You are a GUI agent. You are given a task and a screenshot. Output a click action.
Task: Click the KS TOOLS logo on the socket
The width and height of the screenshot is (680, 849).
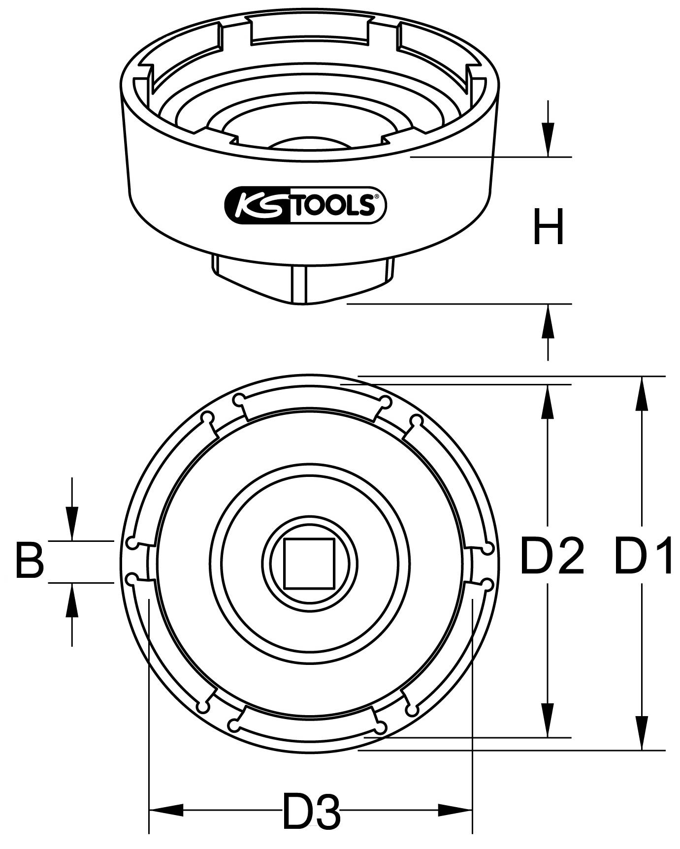coord(305,205)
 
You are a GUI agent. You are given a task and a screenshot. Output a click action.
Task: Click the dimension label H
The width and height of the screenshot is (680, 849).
coord(548,227)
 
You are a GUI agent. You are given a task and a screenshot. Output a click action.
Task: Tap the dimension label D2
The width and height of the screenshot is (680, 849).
coord(551,557)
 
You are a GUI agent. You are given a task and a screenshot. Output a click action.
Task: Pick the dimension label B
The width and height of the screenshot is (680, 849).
coord(30,560)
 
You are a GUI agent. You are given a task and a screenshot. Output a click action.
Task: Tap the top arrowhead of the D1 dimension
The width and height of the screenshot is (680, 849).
coord(642,393)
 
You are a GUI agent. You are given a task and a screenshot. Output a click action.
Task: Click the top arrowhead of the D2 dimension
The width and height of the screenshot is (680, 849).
coord(548,401)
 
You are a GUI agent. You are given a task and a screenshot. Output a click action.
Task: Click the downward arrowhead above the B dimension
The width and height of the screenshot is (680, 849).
coord(72,524)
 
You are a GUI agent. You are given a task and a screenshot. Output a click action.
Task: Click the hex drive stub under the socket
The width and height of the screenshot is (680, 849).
coord(303,283)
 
